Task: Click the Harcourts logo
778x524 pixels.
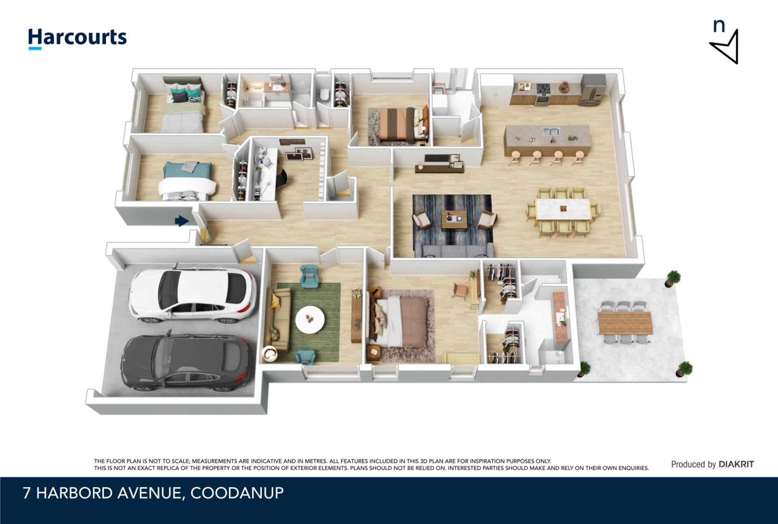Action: click(77, 38)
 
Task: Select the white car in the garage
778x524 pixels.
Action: click(192, 294)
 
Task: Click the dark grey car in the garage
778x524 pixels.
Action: click(187, 361)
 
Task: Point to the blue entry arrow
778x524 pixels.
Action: click(182, 221)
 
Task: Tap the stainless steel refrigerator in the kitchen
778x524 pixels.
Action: click(592, 90)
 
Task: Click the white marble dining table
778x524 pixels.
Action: click(563, 209)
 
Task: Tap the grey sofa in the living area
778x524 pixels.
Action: click(454, 250)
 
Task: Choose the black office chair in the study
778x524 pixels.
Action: click(281, 177)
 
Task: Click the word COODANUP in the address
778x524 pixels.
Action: click(237, 493)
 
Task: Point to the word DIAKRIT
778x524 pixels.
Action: click(736, 464)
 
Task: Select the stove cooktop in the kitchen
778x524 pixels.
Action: click(543, 88)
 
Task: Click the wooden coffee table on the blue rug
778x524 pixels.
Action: click(454, 220)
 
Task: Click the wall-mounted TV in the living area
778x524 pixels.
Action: click(437, 159)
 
